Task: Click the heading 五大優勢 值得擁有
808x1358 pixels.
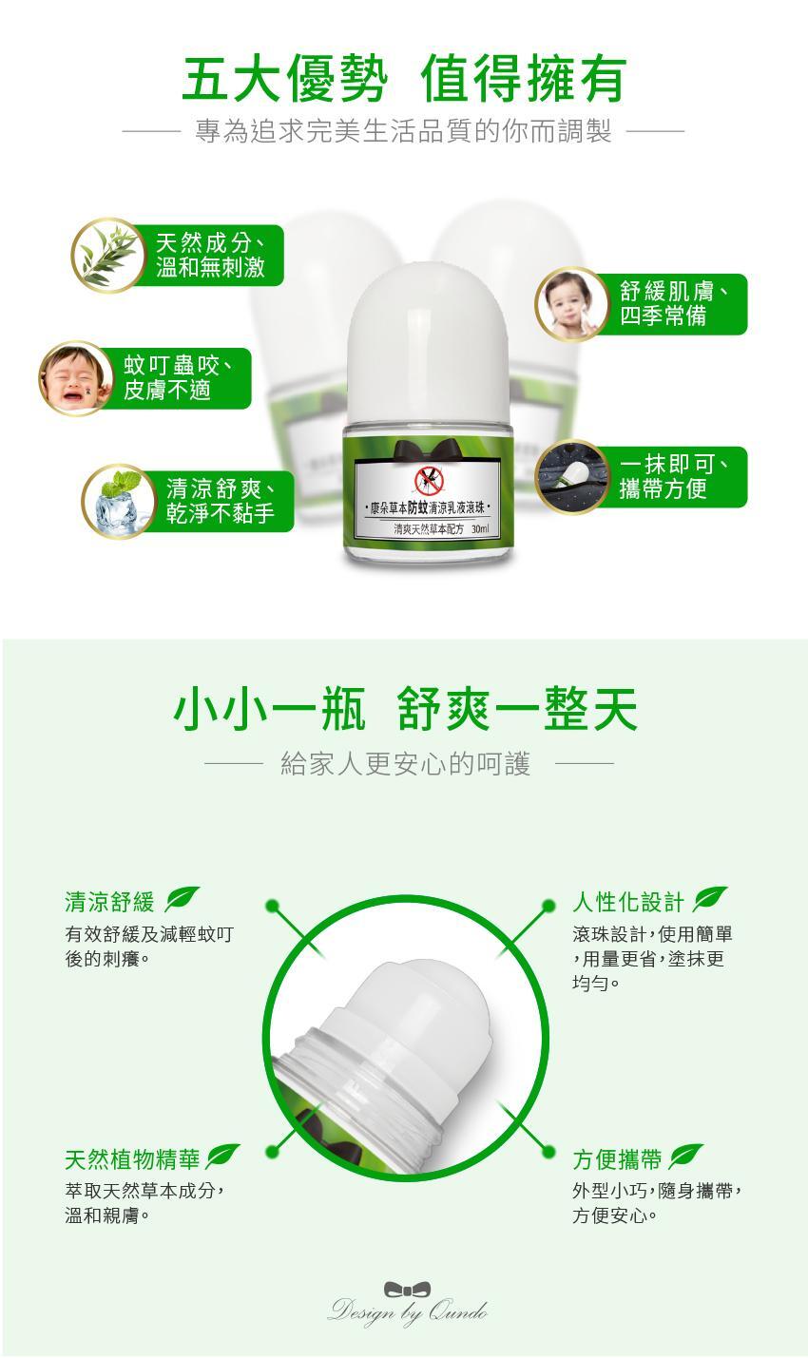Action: (x=405, y=80)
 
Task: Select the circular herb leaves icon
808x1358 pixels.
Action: (x=108, y=256)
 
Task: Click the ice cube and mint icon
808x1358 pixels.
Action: (x=119, y=502)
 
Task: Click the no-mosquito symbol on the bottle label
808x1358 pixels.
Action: (x=429, y=481)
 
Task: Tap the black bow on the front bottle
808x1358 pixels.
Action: (x=429, y=450)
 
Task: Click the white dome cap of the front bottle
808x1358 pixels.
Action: (x=428, y=343)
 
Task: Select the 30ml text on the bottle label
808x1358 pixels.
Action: (x=480, y=529)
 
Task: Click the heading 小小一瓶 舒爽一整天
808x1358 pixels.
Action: (x=405, y=709)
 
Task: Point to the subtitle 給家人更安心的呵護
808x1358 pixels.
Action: (x=405, y=763)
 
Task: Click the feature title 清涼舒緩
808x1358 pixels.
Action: (x=110, y=902)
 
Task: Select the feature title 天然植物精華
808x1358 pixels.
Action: (x=132, y=1159)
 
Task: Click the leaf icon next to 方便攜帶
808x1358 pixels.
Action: (x=685, y=1157)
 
